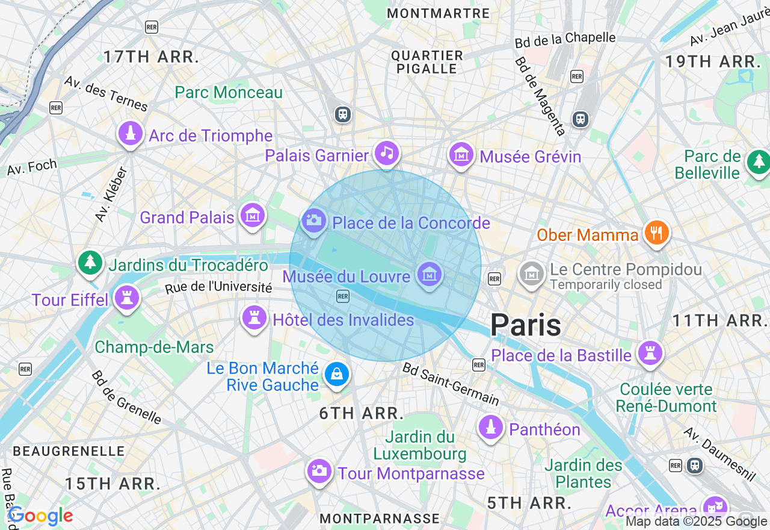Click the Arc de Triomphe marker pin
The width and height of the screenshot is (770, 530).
131,134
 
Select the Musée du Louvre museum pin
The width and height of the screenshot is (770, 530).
429,275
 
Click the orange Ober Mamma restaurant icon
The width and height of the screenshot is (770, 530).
656,233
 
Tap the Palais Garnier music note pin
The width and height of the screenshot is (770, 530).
387,154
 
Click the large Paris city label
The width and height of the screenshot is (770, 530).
526,325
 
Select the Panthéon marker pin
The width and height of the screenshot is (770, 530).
491,428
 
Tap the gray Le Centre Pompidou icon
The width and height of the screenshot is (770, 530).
532,274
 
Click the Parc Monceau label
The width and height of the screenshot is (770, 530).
229,93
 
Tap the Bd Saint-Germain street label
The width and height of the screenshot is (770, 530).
451,384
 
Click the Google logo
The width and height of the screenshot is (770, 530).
40,516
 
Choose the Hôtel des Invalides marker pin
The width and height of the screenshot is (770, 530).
254,318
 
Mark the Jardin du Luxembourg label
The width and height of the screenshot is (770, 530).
420,445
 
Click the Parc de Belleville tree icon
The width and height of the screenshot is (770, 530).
758,162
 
